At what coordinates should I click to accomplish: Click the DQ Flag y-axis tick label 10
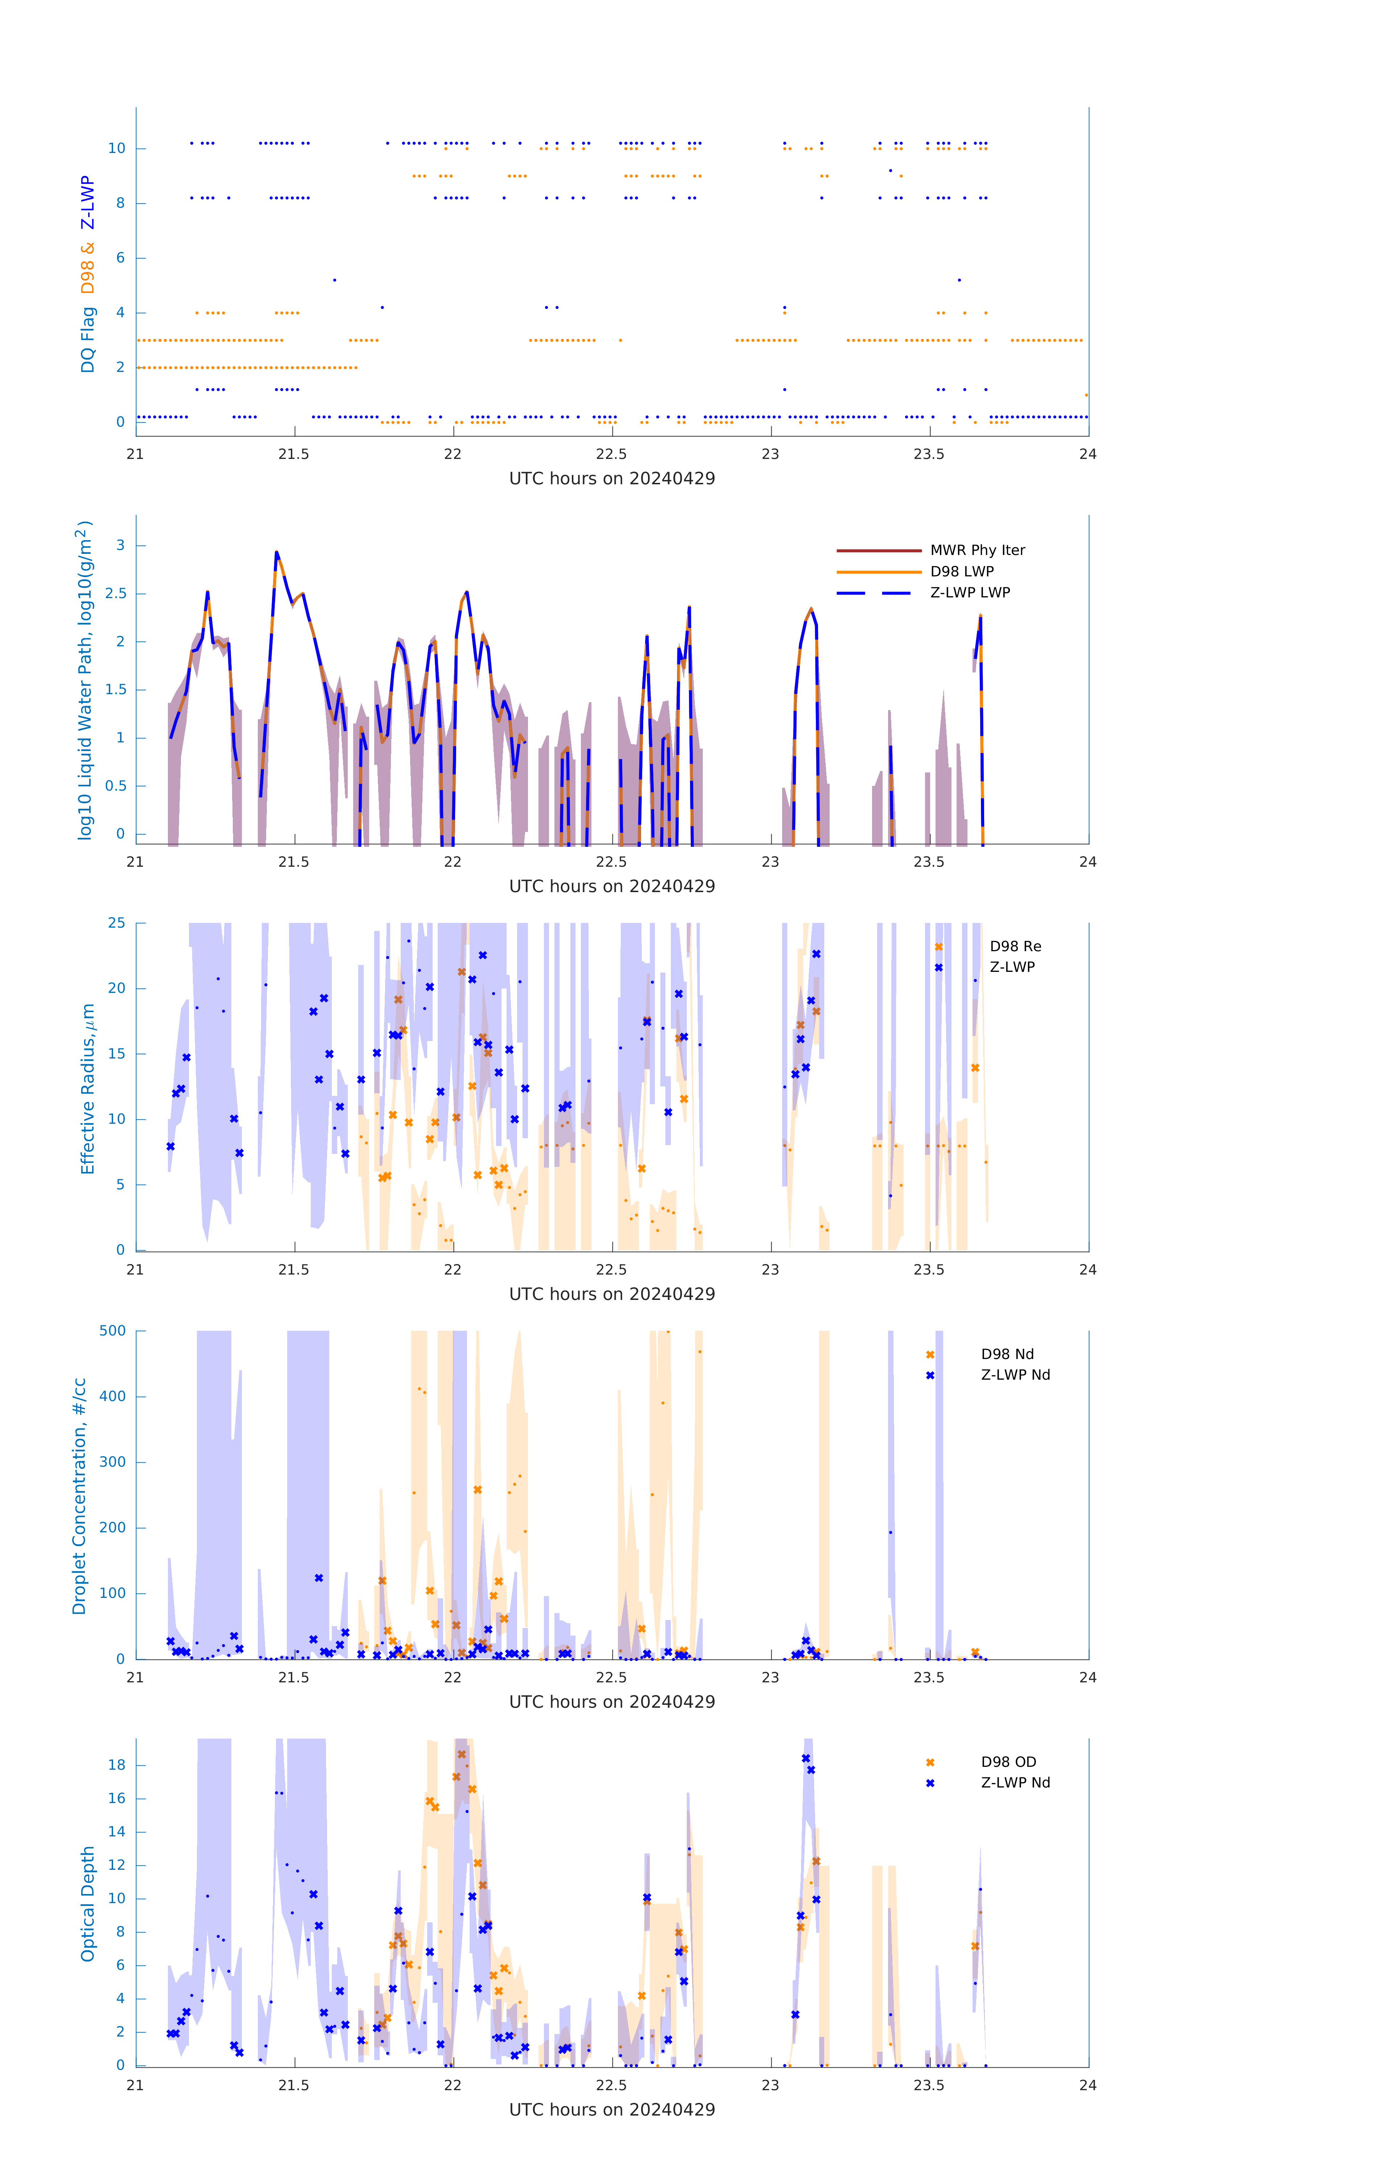(x=116, y=148)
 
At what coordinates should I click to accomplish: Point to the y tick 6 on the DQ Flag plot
(x=120, y=258)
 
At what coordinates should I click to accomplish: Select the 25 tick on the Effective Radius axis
(x=116, y=923)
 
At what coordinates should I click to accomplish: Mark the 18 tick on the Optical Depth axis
(x=116, y=1765)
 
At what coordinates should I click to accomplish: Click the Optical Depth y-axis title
(x=88, y=1904)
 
